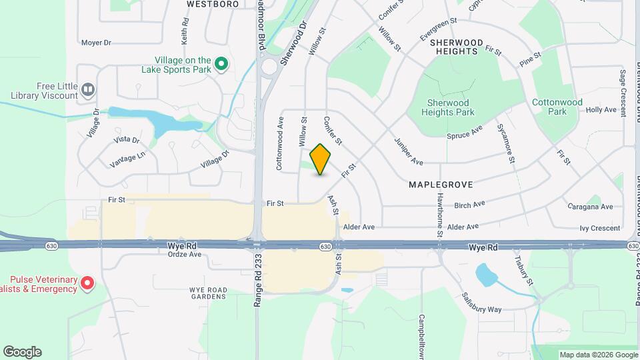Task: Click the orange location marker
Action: (x=321, y=159)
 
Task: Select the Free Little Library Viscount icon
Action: (x=87, y=89)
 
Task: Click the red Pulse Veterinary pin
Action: (x=87, y=284)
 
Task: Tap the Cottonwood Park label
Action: (x=557, y=107)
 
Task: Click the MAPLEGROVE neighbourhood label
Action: (x=441, y=183)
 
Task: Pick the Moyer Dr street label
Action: (x=96, y=43)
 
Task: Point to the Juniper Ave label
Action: (x=409, y=152)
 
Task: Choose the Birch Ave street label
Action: (x=470, y=204)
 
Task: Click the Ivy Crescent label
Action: (x=599, y=228)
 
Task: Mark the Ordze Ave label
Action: (x=184, y=254)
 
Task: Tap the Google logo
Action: (x=22, y=352)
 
